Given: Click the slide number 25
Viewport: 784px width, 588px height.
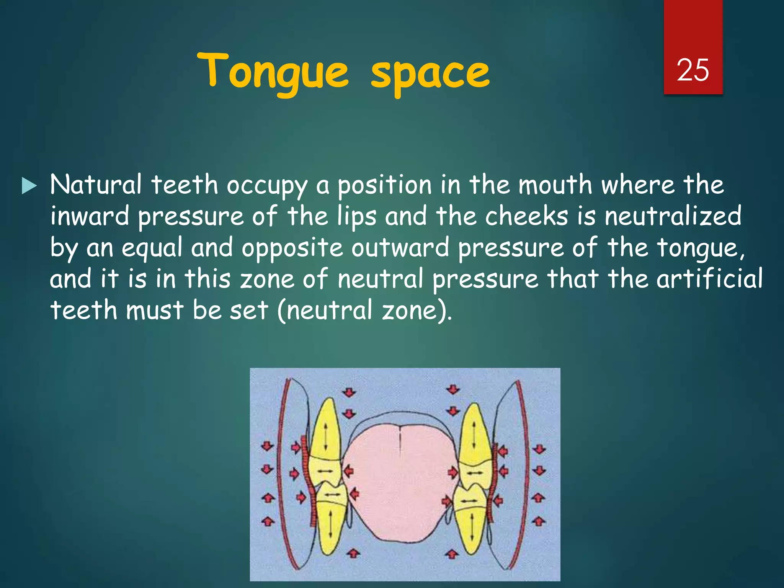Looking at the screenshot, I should coord(693,70).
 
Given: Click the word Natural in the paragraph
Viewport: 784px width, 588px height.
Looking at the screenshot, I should coord(96,185).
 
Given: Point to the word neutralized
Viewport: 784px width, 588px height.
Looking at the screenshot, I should coord(673,216).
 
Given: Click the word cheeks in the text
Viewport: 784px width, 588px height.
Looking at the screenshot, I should coord(527,216).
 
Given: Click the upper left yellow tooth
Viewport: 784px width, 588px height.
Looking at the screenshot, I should coord(327,433).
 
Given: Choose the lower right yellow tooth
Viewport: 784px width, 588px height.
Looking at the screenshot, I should coord(471,524).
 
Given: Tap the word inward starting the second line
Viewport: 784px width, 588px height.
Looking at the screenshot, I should coord(90,216).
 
